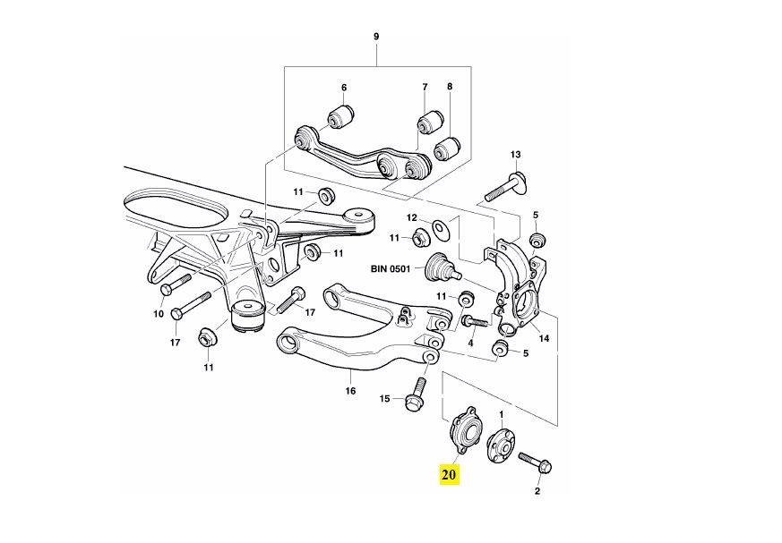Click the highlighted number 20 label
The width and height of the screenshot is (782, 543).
pyautogui.click(x=449, y=474)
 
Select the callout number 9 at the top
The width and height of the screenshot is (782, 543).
pyautogui.click(x=376, y=37)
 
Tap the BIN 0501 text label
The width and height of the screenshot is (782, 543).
pyautogui.click(x=390, y=269)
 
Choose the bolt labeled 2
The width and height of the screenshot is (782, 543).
pyautogui.click(x=535, y=463)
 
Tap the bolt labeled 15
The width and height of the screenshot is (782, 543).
pyautogui.click(x=416, y=395)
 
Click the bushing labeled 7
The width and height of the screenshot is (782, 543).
pyautogui.click(x=430, y=123)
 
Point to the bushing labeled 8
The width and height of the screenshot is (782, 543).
pyautogui.click(x=447, y=148)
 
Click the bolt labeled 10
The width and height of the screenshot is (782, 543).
pyautogui.click(x=176, y=282)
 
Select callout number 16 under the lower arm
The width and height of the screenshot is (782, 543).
pyautogui.click(x=350, y=391)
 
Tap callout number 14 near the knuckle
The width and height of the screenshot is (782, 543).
pyautogui.click(x=544, y=339)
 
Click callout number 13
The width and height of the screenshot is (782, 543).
pyautogui.click(x=515, y=155)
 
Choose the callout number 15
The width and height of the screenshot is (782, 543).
pyautogui.click(x=384, y=399)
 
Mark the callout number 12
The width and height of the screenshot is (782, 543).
pyautogui.click(x=411, y=217)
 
